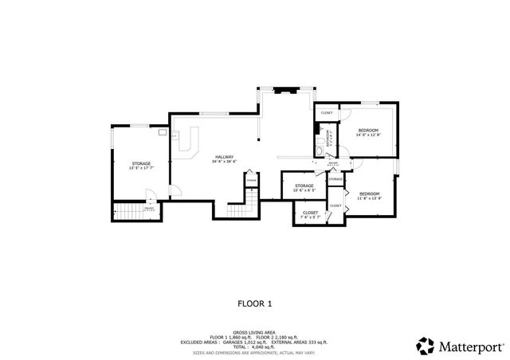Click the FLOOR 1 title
255,303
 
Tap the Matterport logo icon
425,346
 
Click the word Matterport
469,346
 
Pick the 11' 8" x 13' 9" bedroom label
368,196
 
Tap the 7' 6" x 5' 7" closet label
310,215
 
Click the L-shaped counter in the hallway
188,144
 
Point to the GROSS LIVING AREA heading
255,331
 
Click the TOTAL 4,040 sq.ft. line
255,346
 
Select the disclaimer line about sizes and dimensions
255,351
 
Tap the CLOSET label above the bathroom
327,113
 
